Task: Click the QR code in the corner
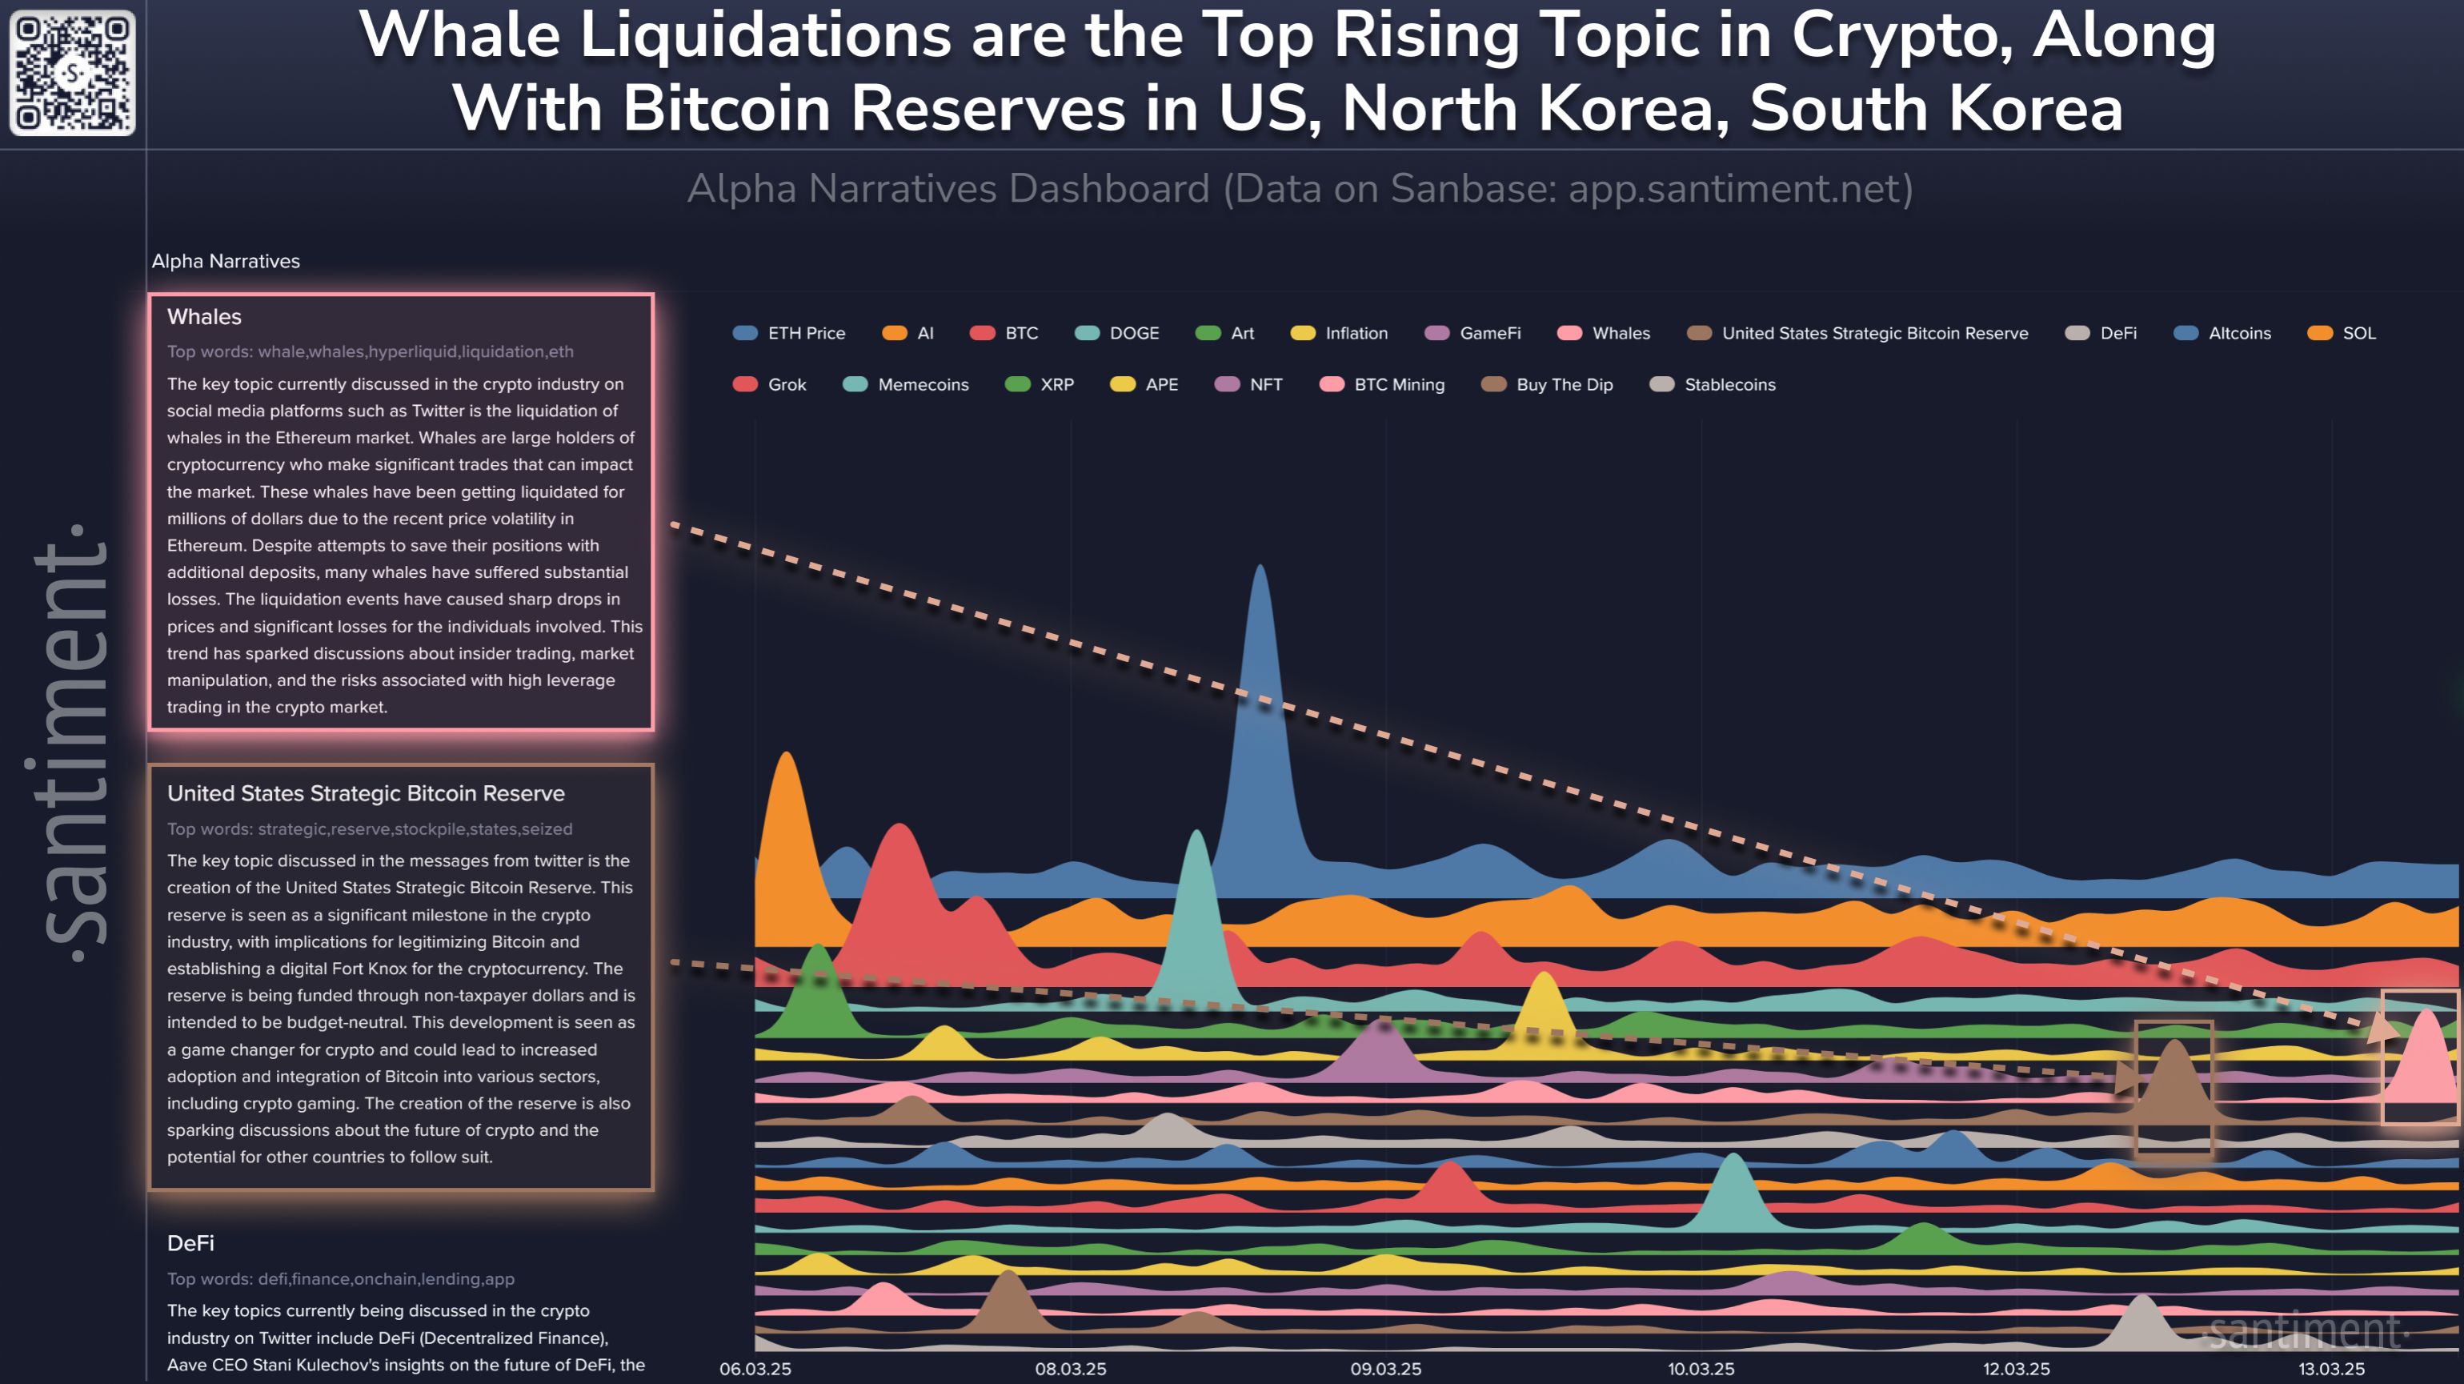[x=72, y=73]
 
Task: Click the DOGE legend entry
[x=1116, y=333]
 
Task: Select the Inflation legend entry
[x=1339, y=333]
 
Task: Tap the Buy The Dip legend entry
[x=1547, y=384]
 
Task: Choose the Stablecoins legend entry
[x=1713, y=384]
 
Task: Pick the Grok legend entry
[x=770, y=384]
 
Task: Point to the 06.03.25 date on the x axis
[x=755, y=1369]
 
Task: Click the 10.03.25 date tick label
[x=1701, y=1369]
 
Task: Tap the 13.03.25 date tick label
[x=2331, y=1369]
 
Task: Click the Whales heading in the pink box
[x=204, y=317]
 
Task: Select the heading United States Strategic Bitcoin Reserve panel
[x=366, y=793]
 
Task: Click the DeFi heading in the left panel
[x=190, y=1242]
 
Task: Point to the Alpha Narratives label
[x=226, y=261]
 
